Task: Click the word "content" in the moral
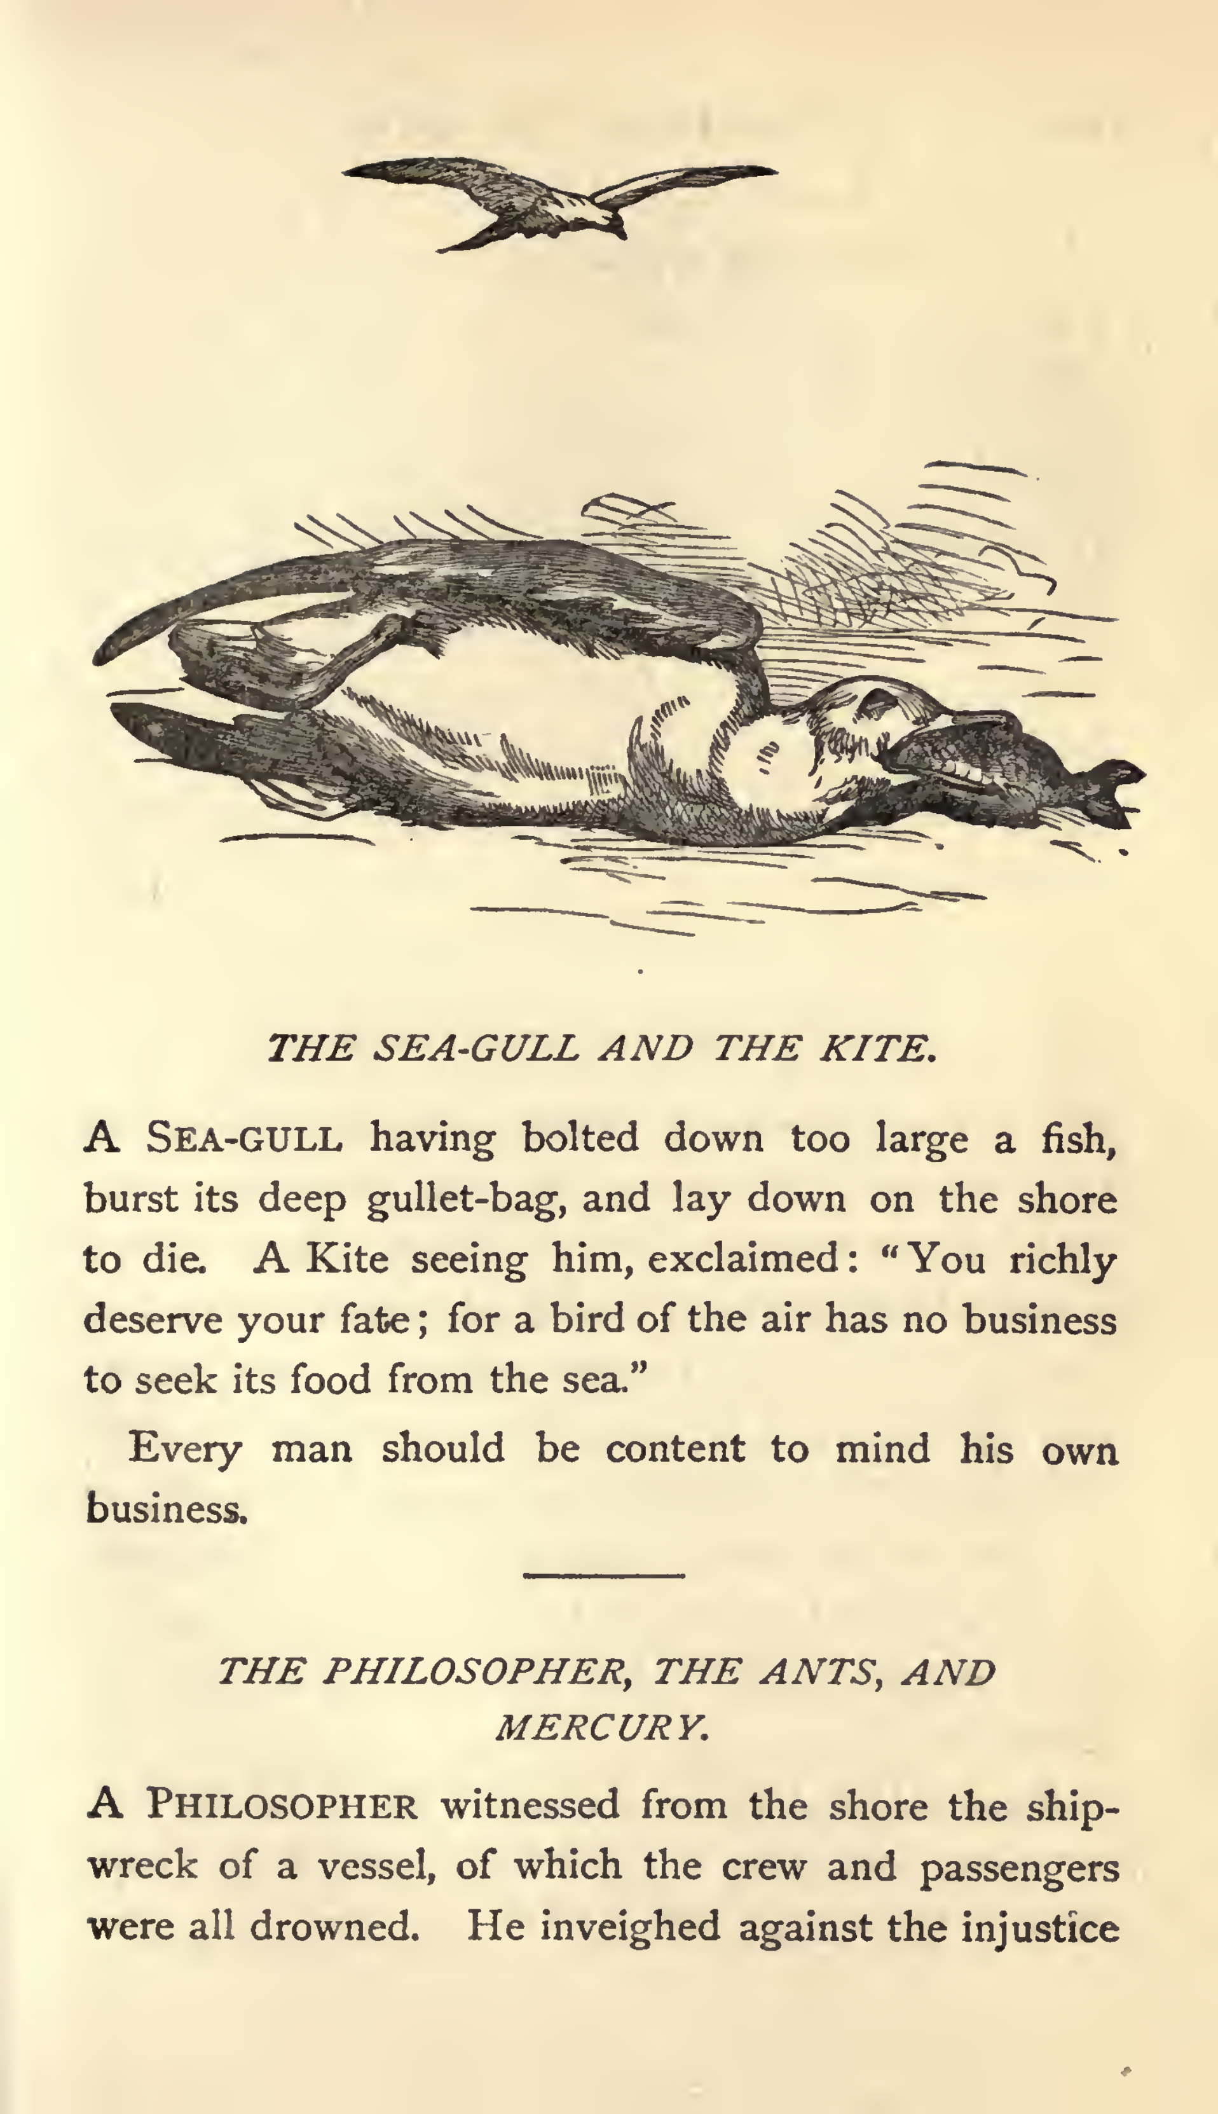coord(674,1448)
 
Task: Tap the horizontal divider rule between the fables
coord(604,1575)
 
